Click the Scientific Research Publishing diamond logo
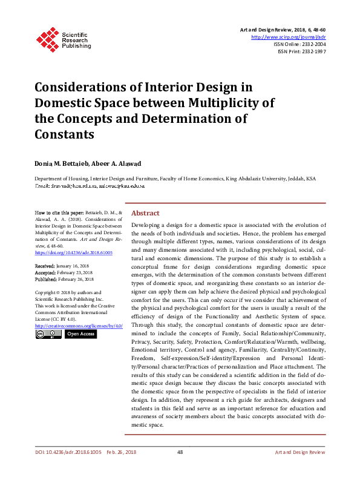[47, 38]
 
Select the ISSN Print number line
[302, 52]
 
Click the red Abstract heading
[145, 213]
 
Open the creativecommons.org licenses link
[79, 326]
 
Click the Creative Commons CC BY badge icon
[48, 334]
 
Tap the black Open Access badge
[81, 334]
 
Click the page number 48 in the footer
[180, 452]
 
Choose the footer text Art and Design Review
[300, 452]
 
